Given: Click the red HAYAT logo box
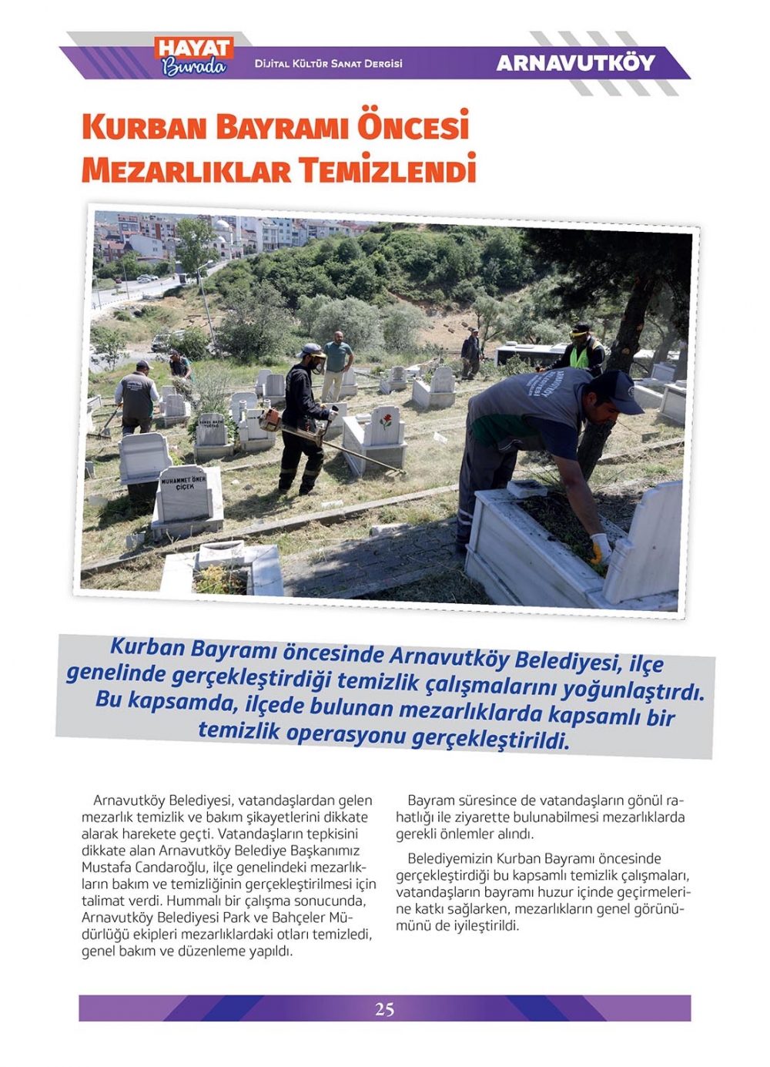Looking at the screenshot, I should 193,48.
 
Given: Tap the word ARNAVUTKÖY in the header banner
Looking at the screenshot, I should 576,63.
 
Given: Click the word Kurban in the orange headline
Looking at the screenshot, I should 145,127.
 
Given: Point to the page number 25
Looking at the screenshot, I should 385,1008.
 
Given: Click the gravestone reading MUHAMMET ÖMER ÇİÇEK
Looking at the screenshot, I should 184,493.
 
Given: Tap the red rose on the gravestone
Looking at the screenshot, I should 386,421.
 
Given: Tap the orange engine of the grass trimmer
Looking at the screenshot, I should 269,419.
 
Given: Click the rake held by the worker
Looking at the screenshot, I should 106,426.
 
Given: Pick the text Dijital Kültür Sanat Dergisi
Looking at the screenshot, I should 328,63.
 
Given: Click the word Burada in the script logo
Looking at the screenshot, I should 194,67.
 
